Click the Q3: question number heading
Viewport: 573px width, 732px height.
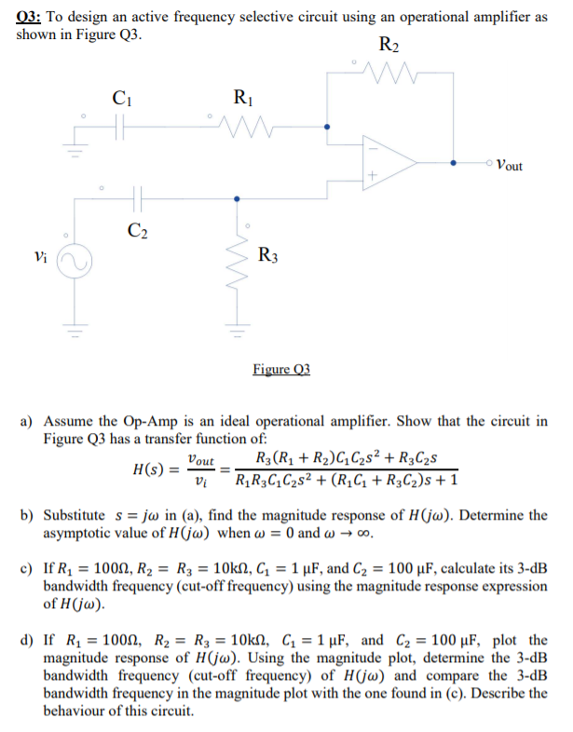pyautogui.click(x=32, y=14)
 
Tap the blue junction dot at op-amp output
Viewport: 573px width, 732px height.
pyautogui.click(x=453, y=161)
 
